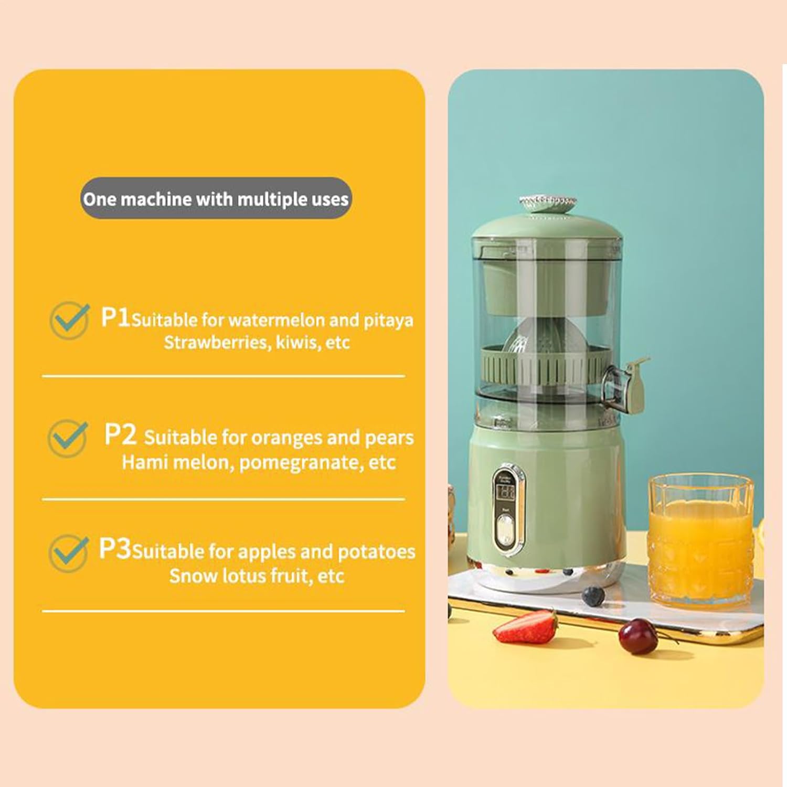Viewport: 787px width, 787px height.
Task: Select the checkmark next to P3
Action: [x=69, y=553]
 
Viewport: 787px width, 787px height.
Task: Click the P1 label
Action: [x=115, y=317]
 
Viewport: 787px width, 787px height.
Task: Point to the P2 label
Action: [x=120, y=434]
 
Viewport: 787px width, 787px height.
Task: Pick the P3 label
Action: [x=115, y=549]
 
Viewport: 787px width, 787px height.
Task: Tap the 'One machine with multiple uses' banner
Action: [x=216, y=199]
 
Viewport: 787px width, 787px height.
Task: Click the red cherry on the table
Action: [x=638, y=636]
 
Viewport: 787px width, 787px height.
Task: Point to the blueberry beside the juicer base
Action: [x=593, y=595]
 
